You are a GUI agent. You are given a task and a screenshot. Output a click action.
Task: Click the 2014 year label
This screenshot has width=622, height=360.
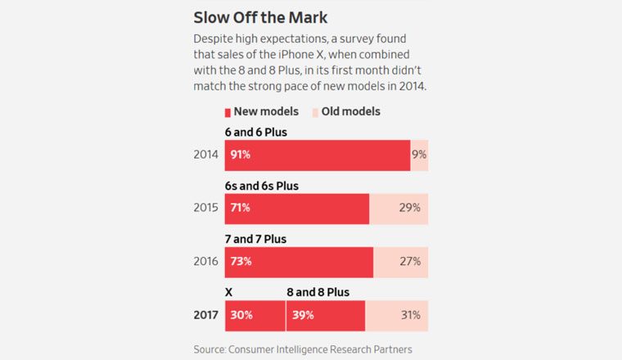click(x=205, y=155)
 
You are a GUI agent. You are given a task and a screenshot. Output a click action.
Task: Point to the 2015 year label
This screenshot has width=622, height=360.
click(x=205, y=208)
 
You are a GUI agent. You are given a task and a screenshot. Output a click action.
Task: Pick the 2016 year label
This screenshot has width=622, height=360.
click(x=205, y=262)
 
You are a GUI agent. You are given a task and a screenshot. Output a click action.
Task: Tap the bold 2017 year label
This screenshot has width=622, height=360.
click(x=205, y=315)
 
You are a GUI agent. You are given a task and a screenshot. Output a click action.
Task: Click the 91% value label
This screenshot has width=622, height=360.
click(x=241, y=155)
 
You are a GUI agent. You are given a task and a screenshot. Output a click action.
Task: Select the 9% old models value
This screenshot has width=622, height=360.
click(x=419, y=155)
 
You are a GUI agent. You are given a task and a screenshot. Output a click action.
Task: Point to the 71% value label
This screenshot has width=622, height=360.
click(x=241, y=208)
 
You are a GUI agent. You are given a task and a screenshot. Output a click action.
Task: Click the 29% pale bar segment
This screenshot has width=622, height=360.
click(x=399, y=209)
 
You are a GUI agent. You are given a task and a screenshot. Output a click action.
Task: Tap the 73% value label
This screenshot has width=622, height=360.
click(x=241, y=262)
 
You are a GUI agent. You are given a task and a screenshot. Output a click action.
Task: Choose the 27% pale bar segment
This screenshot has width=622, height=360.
click(x=401, y=262)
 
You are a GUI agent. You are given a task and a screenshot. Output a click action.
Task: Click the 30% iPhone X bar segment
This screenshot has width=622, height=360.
click(x=255, y=315)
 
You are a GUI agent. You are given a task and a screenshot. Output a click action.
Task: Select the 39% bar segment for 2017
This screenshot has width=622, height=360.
click(x=326, y=315)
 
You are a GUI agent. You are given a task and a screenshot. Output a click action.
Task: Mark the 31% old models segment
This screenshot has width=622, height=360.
click(x=397, y=315)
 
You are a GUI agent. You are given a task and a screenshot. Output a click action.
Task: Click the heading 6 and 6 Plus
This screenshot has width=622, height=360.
click(x=256, y=132)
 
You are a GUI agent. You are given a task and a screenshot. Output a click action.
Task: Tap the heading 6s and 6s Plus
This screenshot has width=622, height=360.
click(x=262, y=186)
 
